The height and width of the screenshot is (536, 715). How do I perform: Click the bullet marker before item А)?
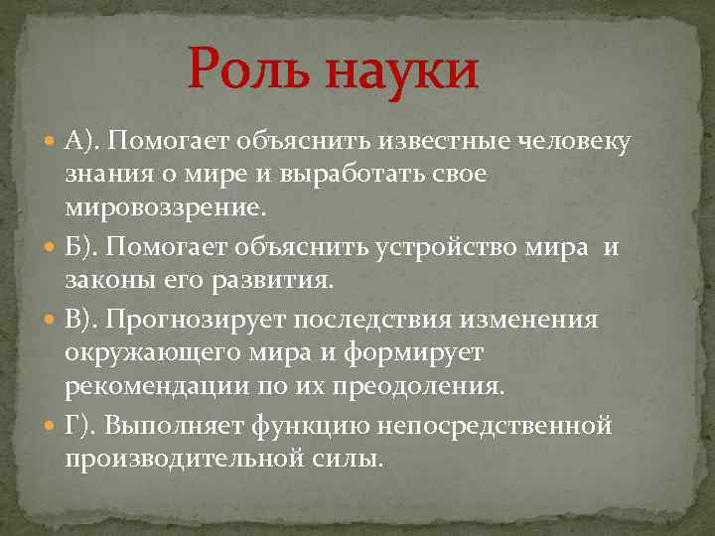coord(52,142)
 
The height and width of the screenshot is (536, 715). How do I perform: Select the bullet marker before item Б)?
coord(52,247)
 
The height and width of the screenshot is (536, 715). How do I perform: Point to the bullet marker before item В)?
coord(52,320)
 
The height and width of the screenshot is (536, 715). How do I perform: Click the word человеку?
coord(573,141)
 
